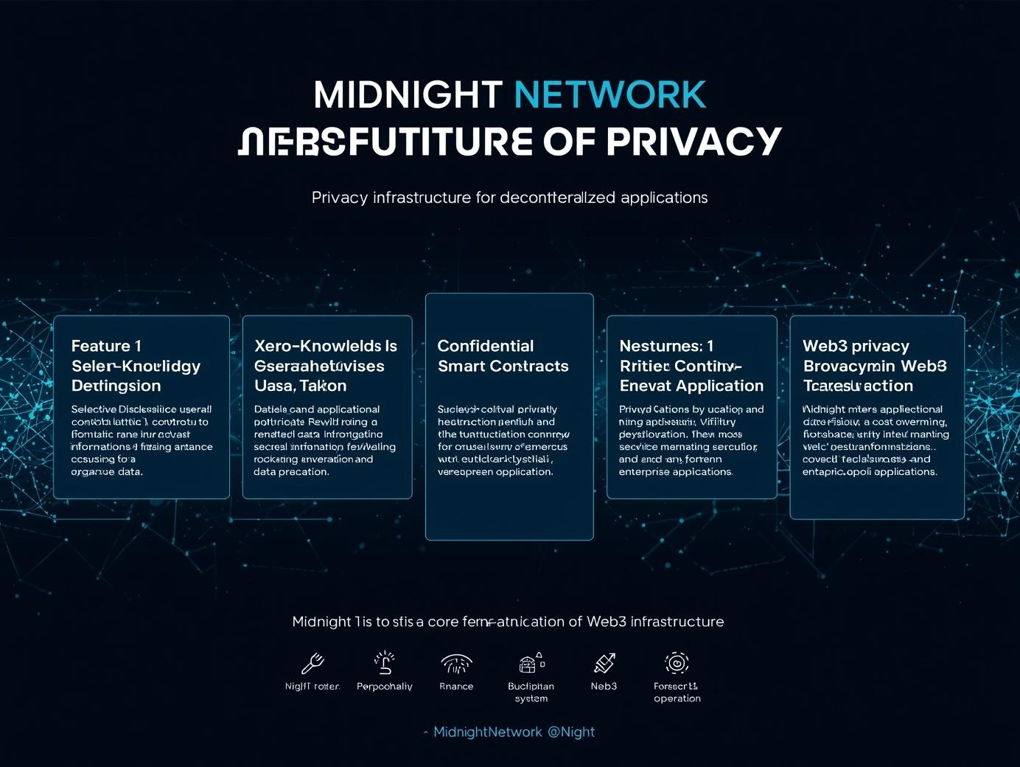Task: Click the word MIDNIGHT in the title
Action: (408, 95)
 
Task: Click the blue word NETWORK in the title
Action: (609, 95)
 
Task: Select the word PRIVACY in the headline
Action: (693, 142)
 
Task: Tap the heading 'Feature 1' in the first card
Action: (106, 346)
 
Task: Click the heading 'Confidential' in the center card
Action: (485, 346)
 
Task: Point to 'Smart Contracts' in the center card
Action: (503, 366)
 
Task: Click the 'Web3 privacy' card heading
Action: (856, 346)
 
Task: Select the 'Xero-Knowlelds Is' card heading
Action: (325, 346)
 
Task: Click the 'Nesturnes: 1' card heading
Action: (666, 346)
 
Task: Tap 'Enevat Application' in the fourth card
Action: (691, 386)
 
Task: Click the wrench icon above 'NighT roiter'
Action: (312, 663)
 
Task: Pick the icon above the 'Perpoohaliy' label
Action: (384, 662)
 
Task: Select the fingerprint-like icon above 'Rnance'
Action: (456, 664)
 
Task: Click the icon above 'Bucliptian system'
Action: (531, 662)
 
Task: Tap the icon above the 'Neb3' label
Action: (604, 663)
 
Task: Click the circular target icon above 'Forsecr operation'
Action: (677, 662)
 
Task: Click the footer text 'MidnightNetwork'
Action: (487, 732)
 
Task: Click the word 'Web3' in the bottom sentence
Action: (607, 622)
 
